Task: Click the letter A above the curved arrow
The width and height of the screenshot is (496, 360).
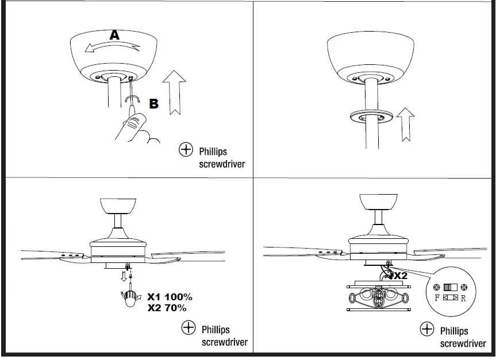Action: tap(115, 35)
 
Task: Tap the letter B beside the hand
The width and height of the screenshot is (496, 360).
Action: tap(154, 103)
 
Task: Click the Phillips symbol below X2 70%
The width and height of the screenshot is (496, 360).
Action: tap(189, 328)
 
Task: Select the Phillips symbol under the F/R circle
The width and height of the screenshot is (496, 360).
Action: tap(427, 329)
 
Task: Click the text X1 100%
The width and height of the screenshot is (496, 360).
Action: tap(170, 297)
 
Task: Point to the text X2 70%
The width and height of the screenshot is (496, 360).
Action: tap(167, 308)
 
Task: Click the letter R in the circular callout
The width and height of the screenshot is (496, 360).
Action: tap(463, 299)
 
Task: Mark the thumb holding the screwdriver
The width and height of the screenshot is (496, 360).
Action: tap(137, 121)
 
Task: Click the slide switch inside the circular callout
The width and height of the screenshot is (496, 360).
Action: tap(450, 287)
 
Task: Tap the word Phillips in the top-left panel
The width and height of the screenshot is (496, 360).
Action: tap(213, 152)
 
